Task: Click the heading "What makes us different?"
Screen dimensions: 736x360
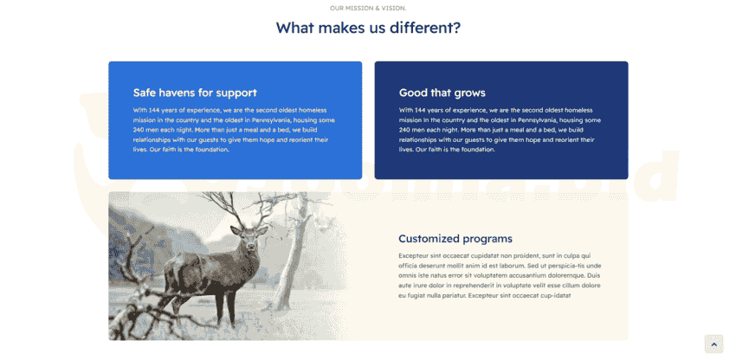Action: (x=368, y=28)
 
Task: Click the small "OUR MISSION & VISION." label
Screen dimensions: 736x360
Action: (x=368, y=8)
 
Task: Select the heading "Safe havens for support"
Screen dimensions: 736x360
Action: (x=195, y=93)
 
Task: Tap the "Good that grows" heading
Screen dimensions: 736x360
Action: (x=442, y=93)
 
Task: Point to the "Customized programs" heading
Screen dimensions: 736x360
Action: (x=455, y=239)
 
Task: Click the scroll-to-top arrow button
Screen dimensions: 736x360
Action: (x=714, y=344)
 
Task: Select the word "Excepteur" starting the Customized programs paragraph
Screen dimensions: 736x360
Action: (x=413, y=256)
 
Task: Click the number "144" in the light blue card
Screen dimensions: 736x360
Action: (x=154, y=110)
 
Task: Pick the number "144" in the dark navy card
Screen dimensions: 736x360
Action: (x=420, y=110)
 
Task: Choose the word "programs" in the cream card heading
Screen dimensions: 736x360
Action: (x=487, y=240)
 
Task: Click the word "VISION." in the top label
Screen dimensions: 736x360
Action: (x=395, y=8)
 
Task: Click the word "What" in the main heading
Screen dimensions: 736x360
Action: (x=294, y=28)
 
